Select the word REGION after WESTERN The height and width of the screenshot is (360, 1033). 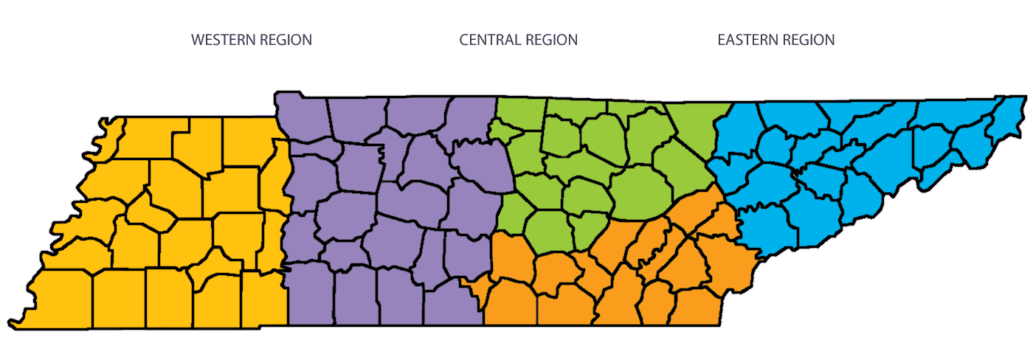tap(285, 40)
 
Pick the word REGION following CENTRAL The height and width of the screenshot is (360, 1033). tap(550, 40)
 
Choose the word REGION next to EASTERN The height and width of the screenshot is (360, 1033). tap(807, 40)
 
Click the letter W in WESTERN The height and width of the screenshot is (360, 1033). tap(198, 40)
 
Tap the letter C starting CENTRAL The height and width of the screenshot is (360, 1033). tap(464, 40)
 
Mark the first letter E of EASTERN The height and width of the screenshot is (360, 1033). tap(722, 40)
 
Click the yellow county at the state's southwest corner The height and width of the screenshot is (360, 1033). tap(59, 299)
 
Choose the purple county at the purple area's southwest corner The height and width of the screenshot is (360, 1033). tap(310, 295)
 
